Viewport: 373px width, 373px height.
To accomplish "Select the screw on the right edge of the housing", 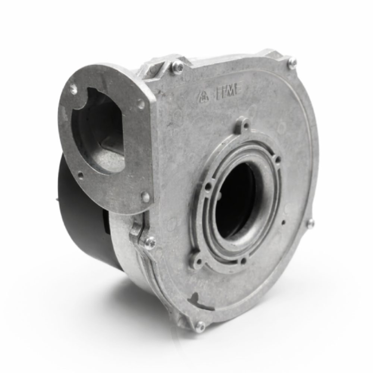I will point(310,223).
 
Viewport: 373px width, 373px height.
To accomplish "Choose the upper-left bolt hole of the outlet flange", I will point(73,88).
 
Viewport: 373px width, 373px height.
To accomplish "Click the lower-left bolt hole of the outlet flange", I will point(80,174).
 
